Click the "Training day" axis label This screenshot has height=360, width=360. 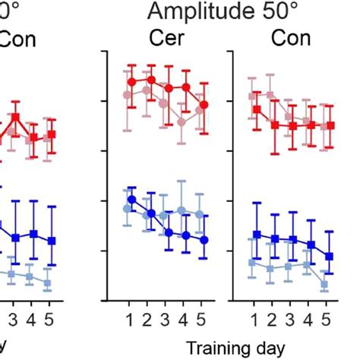pos(235,348)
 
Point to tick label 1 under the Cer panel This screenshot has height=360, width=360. pos(130,317)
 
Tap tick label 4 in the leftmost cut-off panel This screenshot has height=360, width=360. pos(32,317)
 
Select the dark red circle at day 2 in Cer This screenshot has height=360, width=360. pos(150,80)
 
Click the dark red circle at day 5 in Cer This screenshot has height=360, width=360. pos(204,104)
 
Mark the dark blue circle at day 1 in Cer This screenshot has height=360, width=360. pos(131,200)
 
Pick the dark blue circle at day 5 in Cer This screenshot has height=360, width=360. pos(204,239)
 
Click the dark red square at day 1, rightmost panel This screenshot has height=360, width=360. pos(257,109)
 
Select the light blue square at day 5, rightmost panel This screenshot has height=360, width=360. pos(324,285)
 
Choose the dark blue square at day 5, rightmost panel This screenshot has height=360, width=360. pos(329,256)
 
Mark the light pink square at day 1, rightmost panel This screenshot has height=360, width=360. pos(252,96)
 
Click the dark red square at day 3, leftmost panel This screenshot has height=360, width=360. pos(14,117)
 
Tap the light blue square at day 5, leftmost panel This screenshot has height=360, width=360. pos(47,283)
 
